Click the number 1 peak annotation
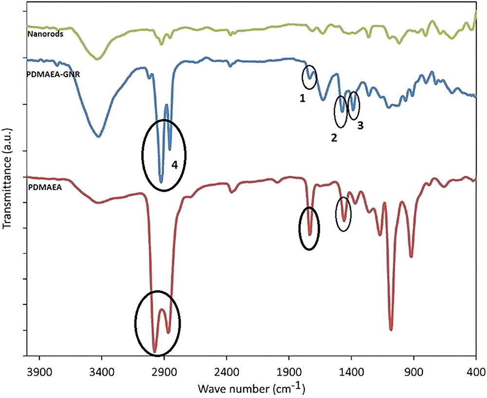(x=302, y=98)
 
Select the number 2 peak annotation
(x=334, y=137)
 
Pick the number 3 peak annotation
(x=360, y=125)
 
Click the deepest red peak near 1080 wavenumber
(x=391, y=329)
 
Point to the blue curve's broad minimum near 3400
(x=99, y=137)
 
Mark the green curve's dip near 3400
(x=98, y=59)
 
